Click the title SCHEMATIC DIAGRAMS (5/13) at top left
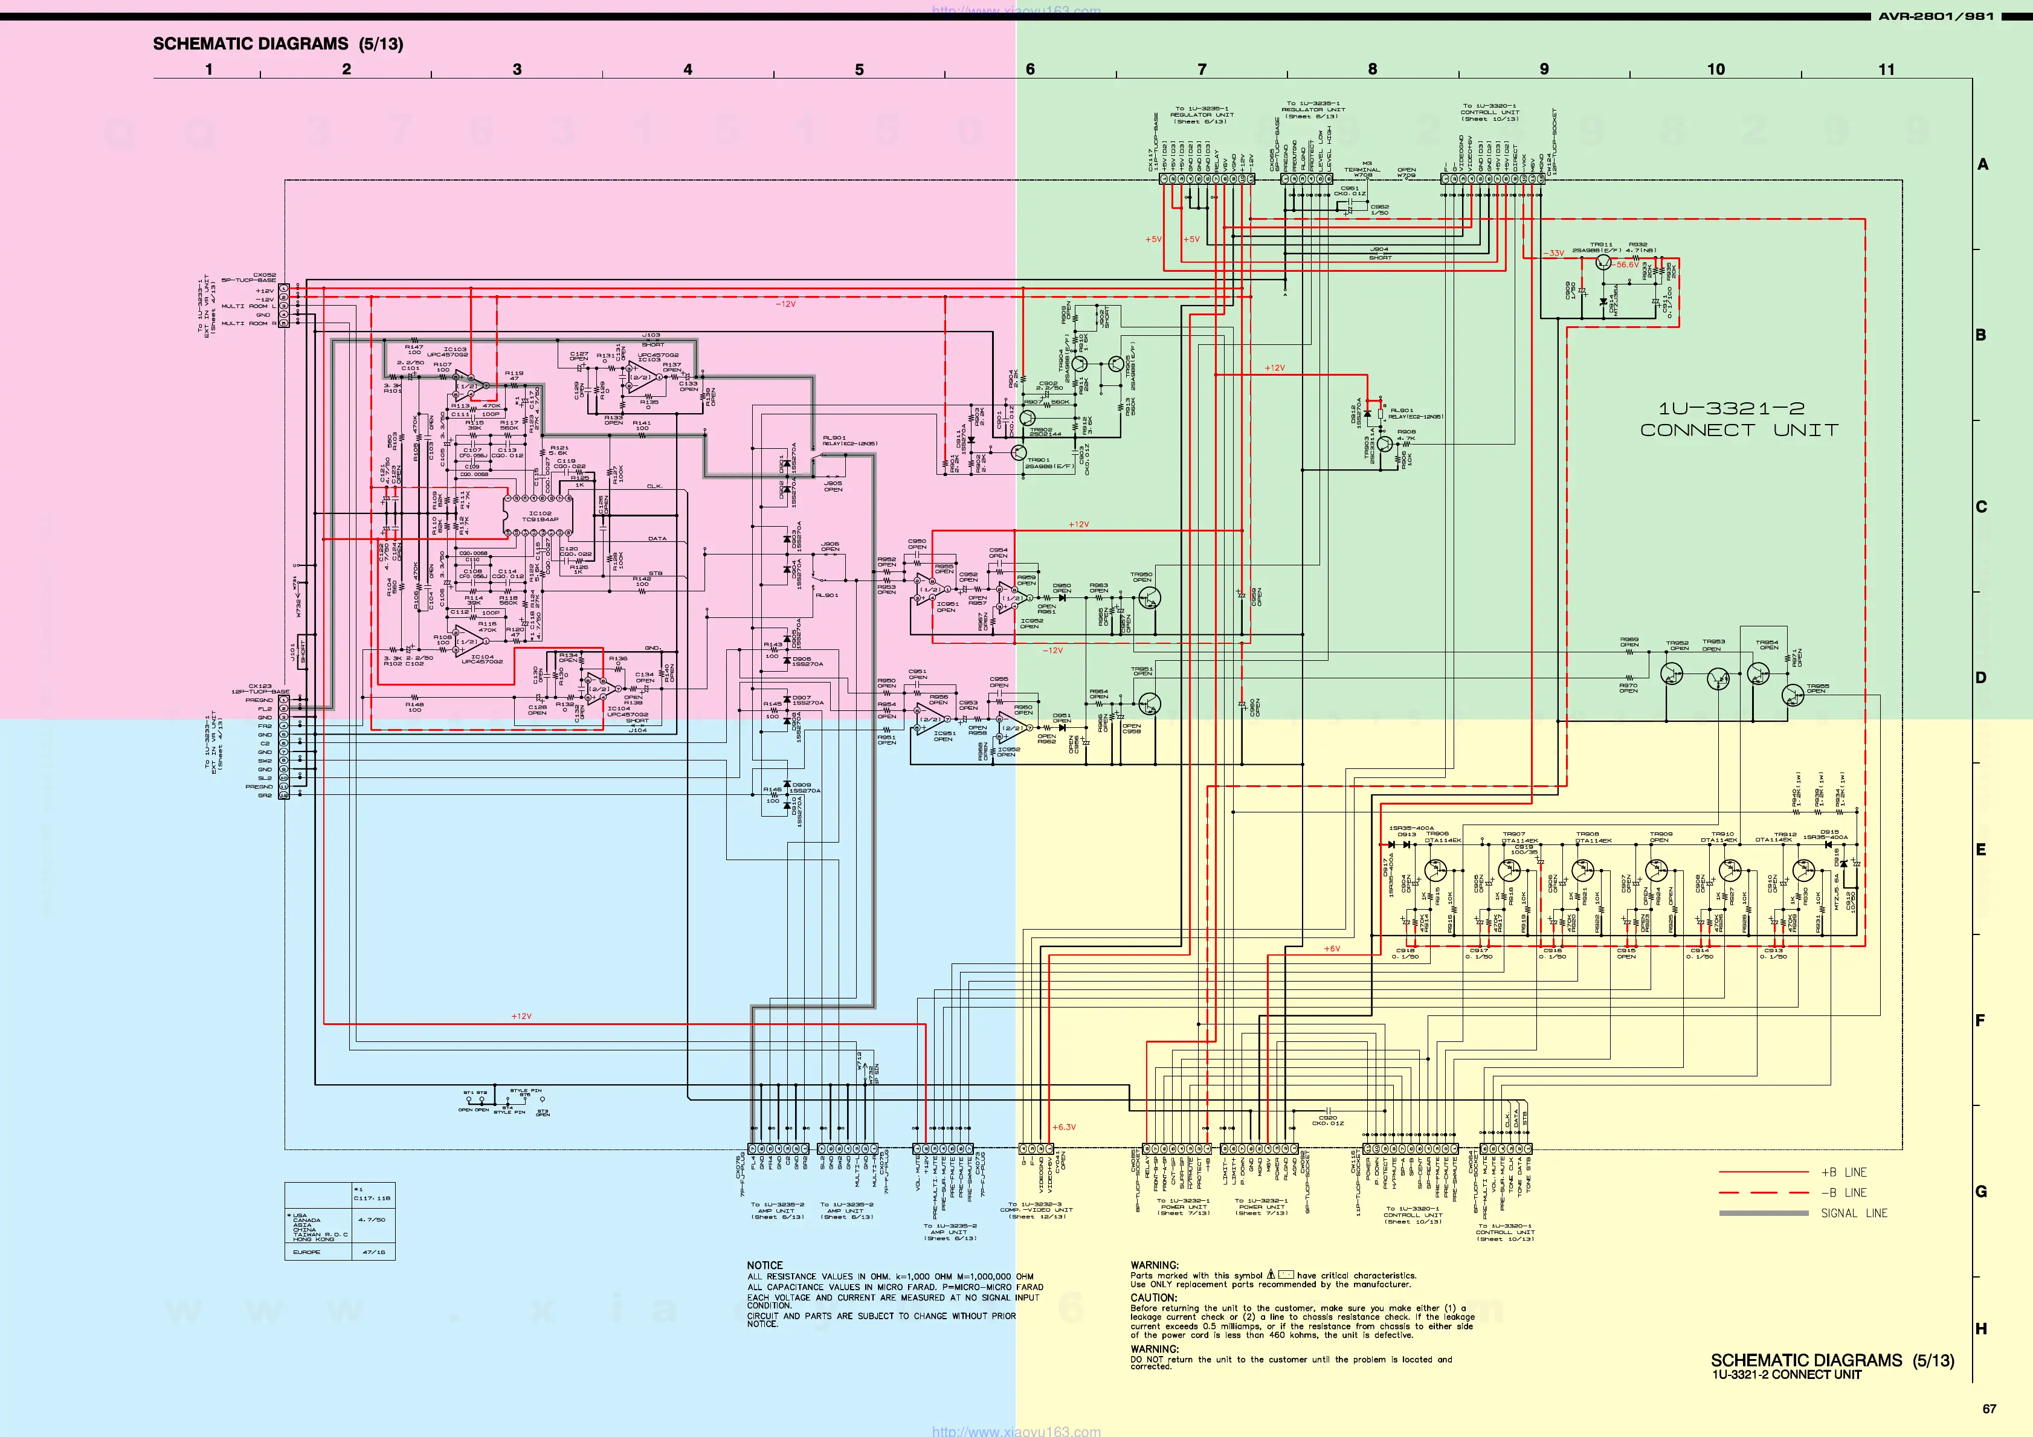coord(277,43)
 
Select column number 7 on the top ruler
coord(1202,69)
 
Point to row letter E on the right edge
coord(1981,849)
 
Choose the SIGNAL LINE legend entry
coord(1853,1213)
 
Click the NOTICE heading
coord(764,1265)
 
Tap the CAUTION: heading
coord(1154,1297)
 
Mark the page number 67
coord(1989,1409)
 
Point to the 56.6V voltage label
coord(1626,265)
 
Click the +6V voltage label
coord(1332,948)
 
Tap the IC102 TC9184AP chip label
coord(540,516)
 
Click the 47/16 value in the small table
coord(373,1252)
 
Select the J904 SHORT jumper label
coord(1379,253)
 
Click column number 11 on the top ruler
coord(1887,69)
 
